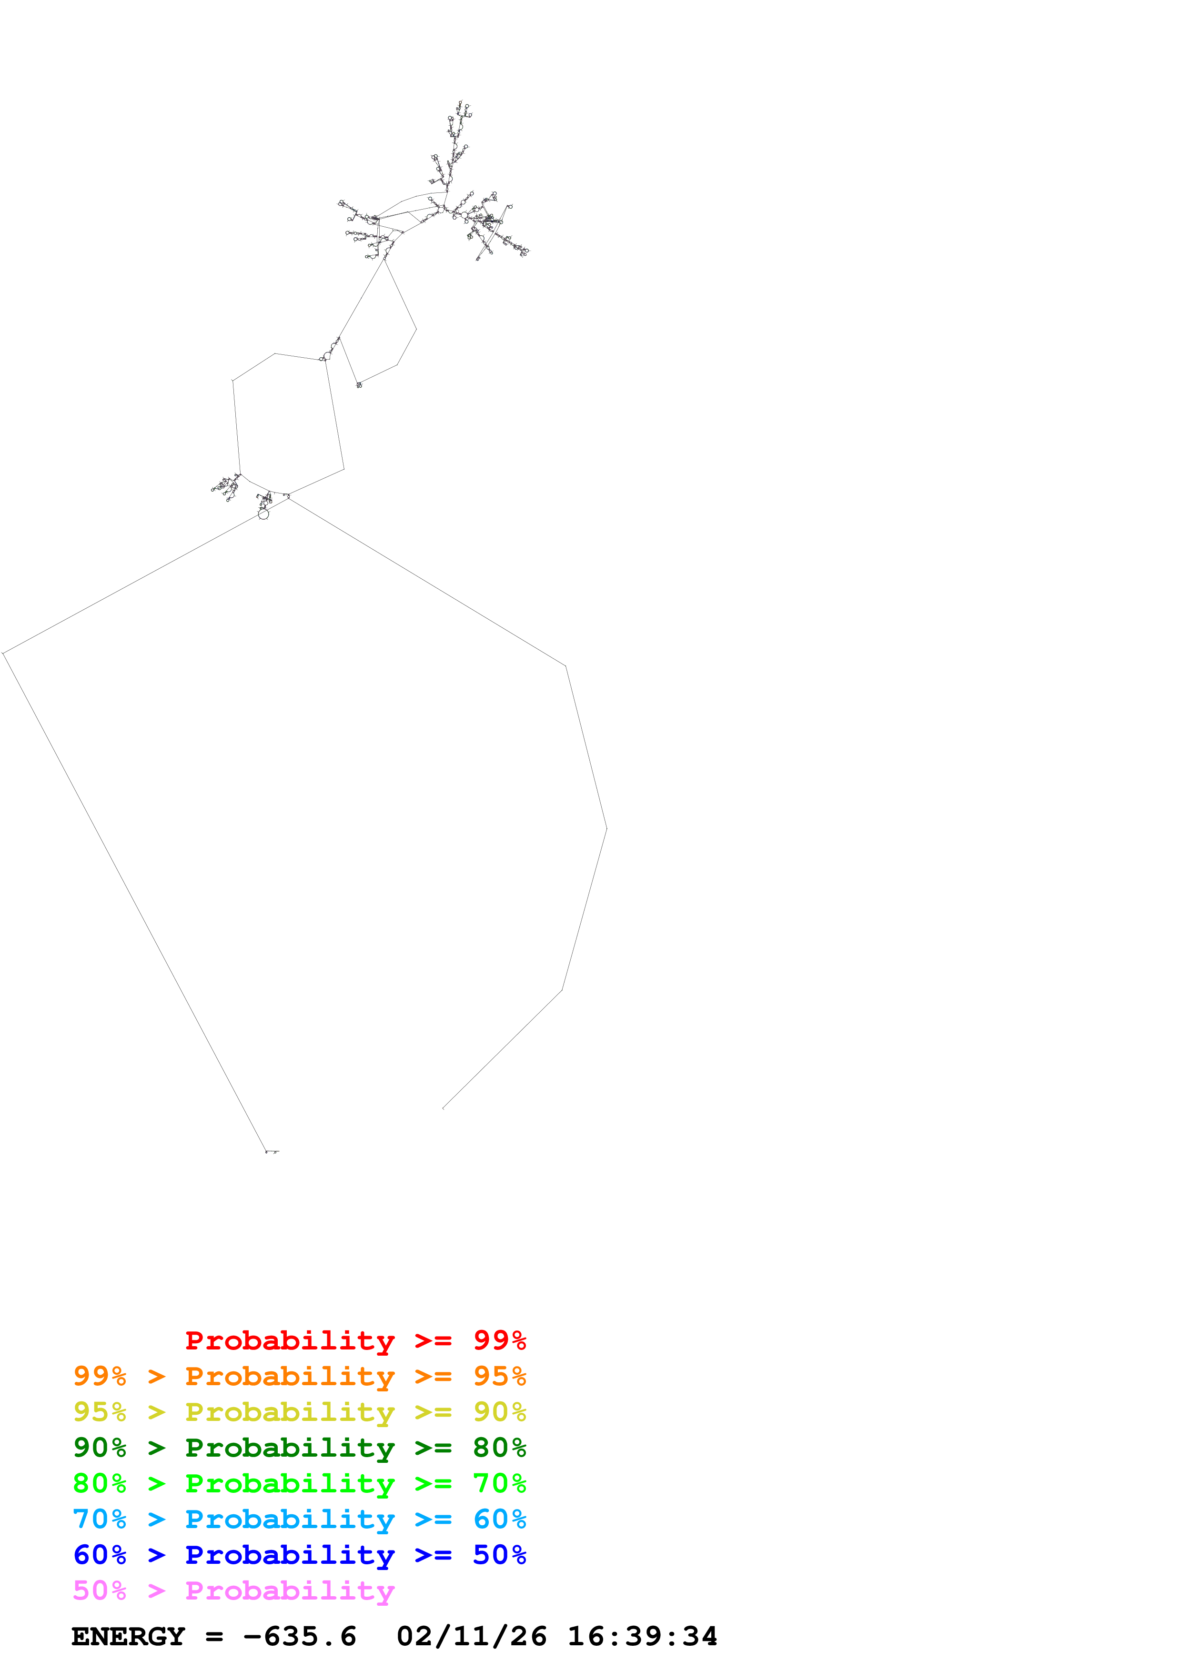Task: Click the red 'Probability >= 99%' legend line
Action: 355,1340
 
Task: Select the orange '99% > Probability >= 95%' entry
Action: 299,1376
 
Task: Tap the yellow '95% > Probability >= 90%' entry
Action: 299,1412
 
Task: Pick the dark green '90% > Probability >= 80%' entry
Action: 299,1448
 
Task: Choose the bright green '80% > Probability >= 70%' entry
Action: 299,1483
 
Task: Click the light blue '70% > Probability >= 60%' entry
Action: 299,1519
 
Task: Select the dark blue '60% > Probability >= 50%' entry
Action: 299,1555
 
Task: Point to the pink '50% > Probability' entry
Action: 233,1590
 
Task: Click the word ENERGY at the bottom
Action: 128,1637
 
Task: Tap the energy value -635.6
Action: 300,1637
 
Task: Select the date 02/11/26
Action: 472,1637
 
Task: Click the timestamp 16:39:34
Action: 643,1637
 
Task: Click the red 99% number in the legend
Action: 499,1340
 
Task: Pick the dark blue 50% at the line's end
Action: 499,1555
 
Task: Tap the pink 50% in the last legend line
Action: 100,1590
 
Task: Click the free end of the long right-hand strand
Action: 443,1108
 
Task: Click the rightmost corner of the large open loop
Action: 606,828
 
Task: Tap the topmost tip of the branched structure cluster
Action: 460,102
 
